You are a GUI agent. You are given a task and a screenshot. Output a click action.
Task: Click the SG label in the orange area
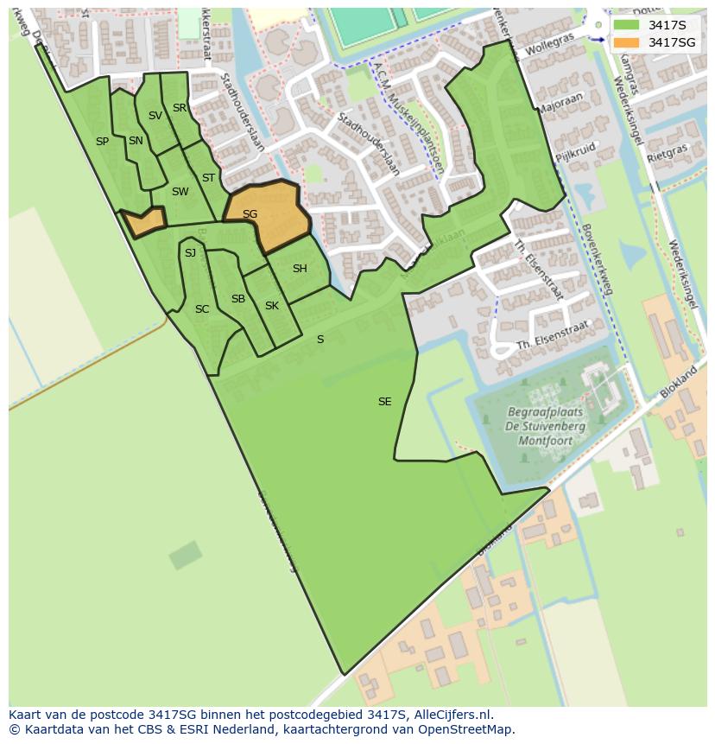tap(250, 214)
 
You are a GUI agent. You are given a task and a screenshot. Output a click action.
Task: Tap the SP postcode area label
tap(102, 142)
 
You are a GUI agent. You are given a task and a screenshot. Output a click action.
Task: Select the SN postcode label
tap(136, 141)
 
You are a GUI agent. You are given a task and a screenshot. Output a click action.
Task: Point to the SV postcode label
tap(155, 116)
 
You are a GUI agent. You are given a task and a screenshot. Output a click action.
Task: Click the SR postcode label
tap(180, 108)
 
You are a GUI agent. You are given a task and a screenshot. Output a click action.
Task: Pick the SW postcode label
tap(180, 192)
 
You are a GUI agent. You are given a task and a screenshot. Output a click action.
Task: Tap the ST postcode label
tap(208, 178)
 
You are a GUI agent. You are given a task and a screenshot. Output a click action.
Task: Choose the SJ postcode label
tap(190, 253)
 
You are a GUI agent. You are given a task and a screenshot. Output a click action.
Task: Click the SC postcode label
tap(202, 309)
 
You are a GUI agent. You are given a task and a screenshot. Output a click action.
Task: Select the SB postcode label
tap(238, 299)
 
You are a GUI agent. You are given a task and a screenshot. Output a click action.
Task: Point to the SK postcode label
tap(272, 306)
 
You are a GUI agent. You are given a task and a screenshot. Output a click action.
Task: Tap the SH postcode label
tap(300, 269)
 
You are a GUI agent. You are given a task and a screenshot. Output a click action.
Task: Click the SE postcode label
tap(385, 402)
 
